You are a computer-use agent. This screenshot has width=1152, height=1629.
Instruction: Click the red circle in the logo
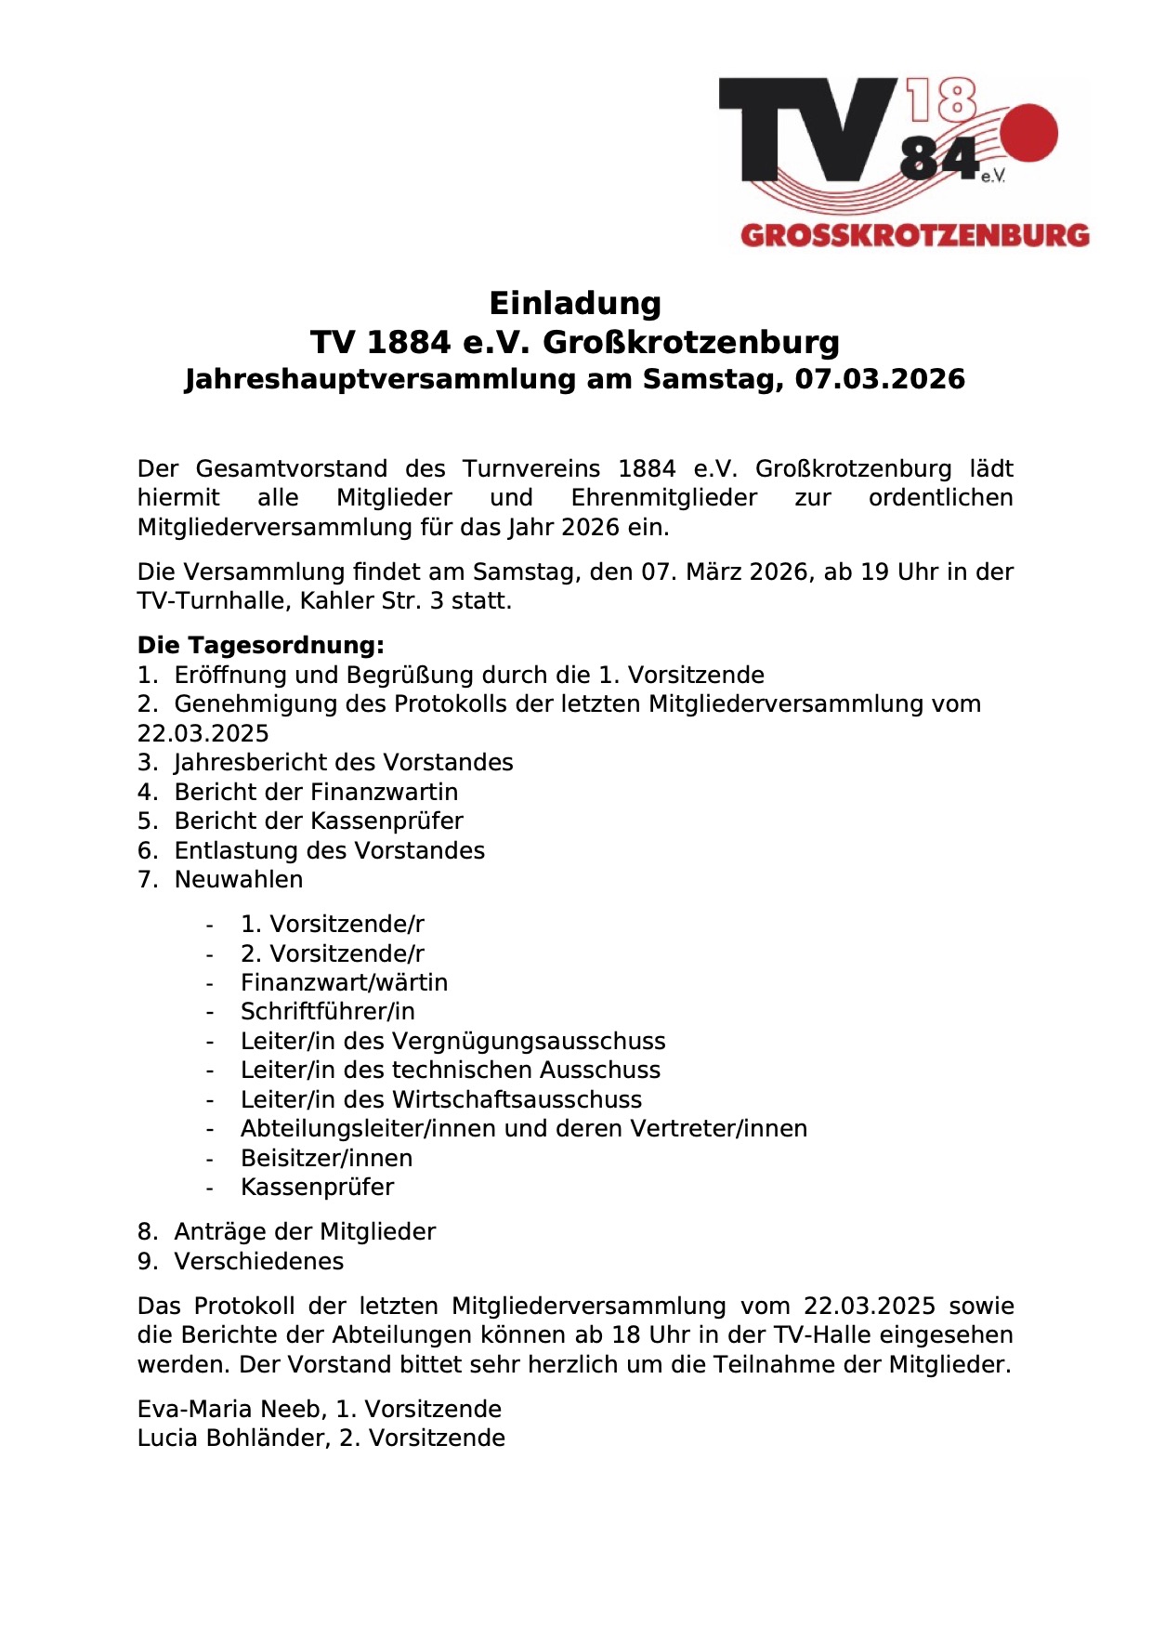click(1028, 133)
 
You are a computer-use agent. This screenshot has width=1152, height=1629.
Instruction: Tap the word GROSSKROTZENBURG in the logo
click(914, 234)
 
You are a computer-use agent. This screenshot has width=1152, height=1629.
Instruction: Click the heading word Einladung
click(575, 303)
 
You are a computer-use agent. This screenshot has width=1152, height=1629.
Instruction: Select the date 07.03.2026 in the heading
click(880, 379)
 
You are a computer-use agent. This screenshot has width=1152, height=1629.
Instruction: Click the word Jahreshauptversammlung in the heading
click(381, 379)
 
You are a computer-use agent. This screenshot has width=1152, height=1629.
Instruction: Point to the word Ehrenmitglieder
click(663, 498)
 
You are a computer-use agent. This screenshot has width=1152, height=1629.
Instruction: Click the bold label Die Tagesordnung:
click(260, 645)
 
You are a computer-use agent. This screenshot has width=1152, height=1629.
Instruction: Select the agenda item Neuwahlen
click(239, 879)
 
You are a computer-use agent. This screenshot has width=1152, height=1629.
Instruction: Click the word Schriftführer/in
click(327, 1011)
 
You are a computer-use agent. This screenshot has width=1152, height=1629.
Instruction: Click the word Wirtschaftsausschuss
click(517, 1099)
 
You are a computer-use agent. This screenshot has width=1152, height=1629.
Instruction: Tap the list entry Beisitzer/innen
click(326, 1158)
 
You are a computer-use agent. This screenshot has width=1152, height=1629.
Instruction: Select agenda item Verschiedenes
click(259, 1261)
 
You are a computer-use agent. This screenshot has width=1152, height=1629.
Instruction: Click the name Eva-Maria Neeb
click(227, 1409)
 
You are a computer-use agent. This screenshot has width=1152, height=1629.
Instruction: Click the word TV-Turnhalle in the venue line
click(212, 600)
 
